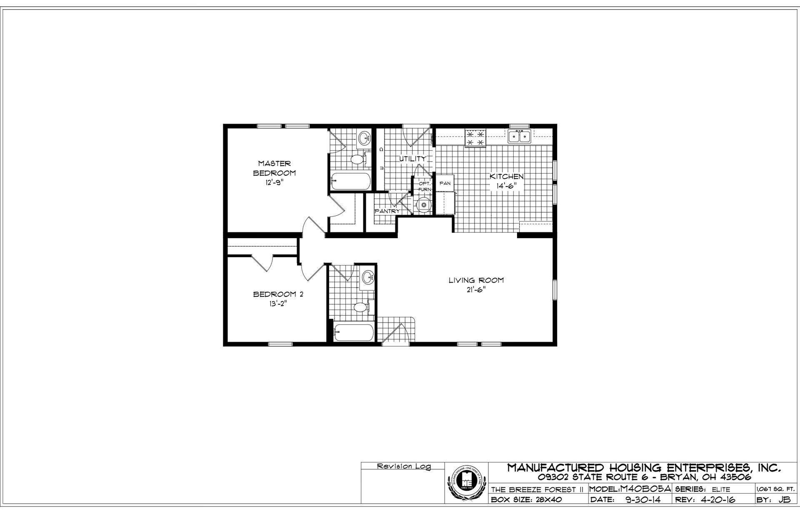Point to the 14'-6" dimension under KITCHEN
tap(506, 186)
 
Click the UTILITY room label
tap(413, 159)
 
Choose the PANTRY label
tap(387, 211)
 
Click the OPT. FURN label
tap(424, 186)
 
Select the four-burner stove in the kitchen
tap(475, 138)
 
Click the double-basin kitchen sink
tap(519, 136)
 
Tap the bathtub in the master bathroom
tap(350, 181)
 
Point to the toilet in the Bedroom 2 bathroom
tap(360, 307)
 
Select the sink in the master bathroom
tap(364, 138)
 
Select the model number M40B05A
tap(645, 489)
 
